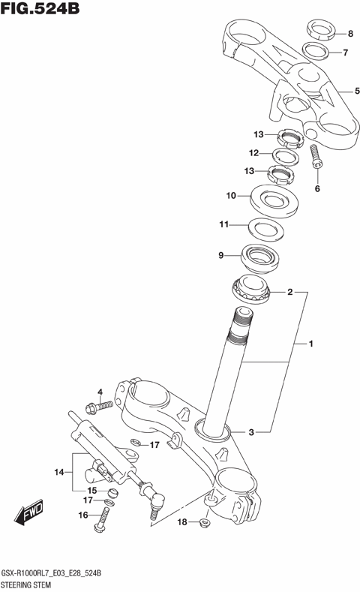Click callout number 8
[349, 35]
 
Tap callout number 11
[223, 224]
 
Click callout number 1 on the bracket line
[308, 344]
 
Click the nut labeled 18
[205, 521]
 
